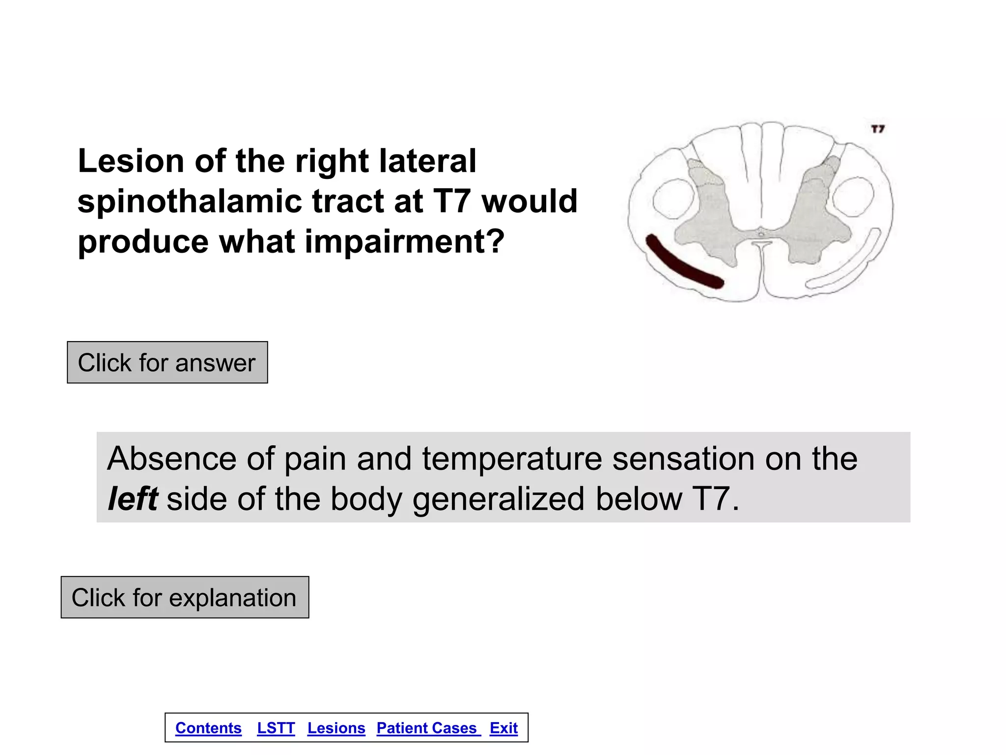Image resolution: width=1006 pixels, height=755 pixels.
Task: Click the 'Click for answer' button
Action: click(x=167, y=363)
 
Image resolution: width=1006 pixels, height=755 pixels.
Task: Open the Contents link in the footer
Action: click(x=208, y=728)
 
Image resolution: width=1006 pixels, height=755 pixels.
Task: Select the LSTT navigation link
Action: click(x=276, y=728)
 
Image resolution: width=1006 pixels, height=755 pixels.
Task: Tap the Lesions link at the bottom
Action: click(x=336, y=728)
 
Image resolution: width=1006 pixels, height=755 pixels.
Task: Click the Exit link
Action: click(x=503, y=728)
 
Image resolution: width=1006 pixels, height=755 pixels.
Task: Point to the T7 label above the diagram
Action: click(x=878, y=129)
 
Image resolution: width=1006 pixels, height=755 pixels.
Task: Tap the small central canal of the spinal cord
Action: click(x=761, y=234)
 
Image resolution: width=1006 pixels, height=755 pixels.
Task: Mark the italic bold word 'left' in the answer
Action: click(x=133, y=498)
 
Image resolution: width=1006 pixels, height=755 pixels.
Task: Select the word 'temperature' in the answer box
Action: click(x=512, y=459)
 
